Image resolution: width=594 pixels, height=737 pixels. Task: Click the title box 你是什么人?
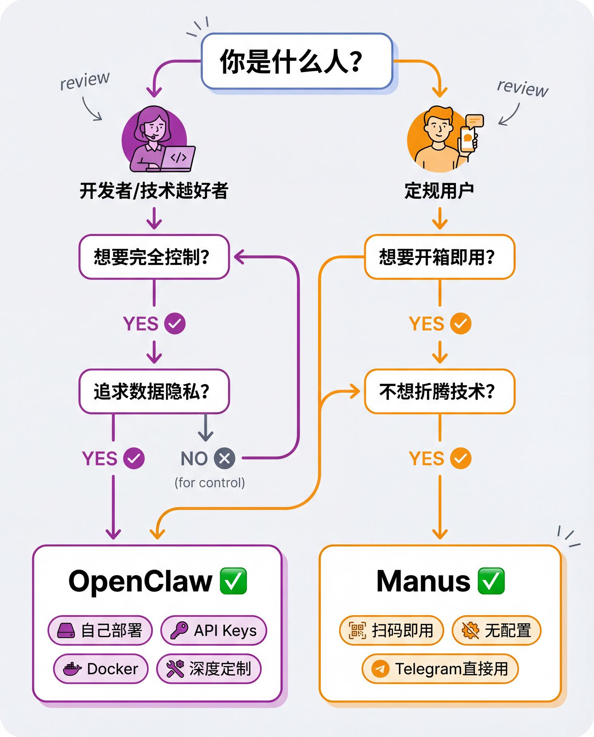pos(297,61)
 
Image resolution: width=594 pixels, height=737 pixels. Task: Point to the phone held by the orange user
pos(468,139)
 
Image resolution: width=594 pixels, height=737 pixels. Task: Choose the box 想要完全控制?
pos(154,257)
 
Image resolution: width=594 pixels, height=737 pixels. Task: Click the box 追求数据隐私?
pos(154,391)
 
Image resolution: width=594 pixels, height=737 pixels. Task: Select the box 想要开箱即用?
pos(440,257)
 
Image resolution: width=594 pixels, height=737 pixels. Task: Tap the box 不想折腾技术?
pos(440,391)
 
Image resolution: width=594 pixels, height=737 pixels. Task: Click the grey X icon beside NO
pos(225,458)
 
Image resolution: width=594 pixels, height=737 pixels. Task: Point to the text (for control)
pos(209,483)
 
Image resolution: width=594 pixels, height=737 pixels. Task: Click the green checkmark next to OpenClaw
pos(233,581)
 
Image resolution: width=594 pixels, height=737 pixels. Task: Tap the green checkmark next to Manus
pos(491,581)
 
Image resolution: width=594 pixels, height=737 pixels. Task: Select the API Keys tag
pos(213,631)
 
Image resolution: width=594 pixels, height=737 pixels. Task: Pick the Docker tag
pos(101,669)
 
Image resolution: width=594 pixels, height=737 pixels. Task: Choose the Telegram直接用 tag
pos(440,669)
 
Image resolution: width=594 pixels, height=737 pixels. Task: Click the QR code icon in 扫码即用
pos(357,631)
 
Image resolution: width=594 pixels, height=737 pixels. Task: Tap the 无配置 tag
pos(496,631)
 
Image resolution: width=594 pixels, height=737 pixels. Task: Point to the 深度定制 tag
pos(209,669)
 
